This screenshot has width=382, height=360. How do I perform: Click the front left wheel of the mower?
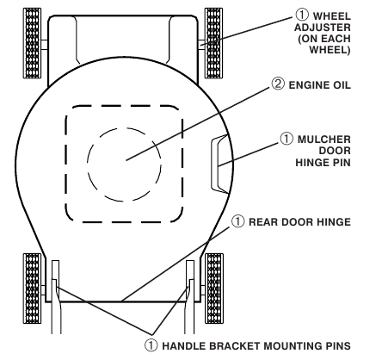point(32,43)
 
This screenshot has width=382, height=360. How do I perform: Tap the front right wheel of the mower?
point(213,43)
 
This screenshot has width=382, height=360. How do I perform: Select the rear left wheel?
point(32,289)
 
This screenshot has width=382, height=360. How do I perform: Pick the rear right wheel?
point(214,289)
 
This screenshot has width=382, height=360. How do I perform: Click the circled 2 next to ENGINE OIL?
point(278,84)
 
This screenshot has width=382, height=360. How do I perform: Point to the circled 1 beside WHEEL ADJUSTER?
point(302,15)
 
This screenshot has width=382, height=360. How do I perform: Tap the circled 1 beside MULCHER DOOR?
point(286,139)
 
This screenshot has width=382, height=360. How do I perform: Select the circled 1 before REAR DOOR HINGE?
point(238,221)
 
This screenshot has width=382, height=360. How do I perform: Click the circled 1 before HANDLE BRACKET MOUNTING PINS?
point(151,345)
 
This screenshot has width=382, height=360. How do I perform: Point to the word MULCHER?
point(324,140)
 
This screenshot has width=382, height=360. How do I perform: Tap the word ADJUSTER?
point(323,28)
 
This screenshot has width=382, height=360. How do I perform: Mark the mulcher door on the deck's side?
point(220,164)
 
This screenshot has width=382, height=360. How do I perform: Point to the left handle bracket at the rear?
point(56,297)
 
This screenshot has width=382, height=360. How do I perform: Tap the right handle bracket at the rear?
point(190,297)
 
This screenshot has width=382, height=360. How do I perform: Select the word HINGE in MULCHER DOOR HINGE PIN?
point(309,163)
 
